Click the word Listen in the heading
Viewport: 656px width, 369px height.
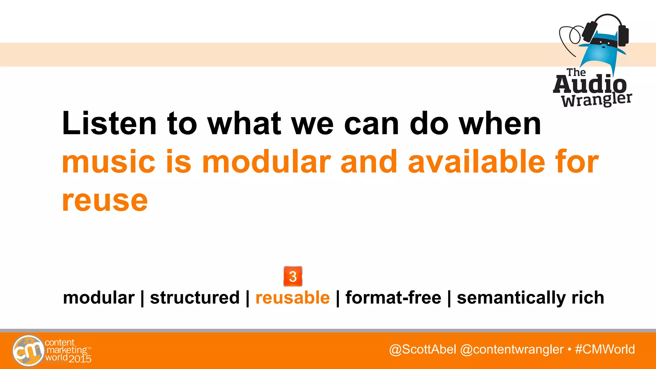109,124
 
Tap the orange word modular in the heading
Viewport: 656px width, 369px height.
266,162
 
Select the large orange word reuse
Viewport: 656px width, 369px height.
105,201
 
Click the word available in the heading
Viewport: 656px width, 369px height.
476,162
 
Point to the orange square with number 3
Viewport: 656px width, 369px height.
293,276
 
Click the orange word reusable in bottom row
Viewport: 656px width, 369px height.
292,298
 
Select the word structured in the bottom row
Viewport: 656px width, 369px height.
195,298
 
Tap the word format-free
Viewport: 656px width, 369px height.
393,298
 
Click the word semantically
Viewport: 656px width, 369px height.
511,298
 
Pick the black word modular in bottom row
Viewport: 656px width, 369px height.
99,298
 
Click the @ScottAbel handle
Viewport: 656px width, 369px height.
422,349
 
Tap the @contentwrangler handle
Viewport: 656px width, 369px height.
512,349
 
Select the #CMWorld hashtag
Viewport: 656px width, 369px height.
605,349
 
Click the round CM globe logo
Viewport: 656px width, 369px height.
28,350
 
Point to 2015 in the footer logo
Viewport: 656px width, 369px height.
80,359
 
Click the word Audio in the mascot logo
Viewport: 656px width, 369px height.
590,85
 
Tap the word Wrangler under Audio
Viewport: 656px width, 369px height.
596,100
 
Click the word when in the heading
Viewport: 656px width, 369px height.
500,124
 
